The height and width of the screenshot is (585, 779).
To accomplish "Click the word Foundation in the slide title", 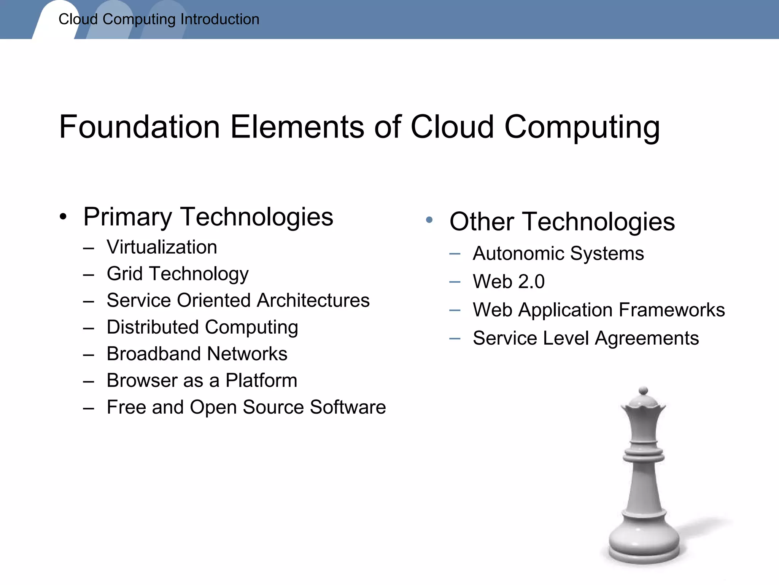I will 140,127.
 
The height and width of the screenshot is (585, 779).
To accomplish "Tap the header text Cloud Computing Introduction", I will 159,19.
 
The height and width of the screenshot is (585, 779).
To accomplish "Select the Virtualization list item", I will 162,247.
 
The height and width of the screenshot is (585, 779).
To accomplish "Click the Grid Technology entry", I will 177,274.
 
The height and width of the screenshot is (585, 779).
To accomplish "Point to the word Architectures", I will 313,300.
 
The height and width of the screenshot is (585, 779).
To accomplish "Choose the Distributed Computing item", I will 202,327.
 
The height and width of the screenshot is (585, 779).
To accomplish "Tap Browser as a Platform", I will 202,380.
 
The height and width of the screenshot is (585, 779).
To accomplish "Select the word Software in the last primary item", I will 348,407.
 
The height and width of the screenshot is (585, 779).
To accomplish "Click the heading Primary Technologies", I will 208,217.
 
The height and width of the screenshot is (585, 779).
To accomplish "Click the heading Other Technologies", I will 562,222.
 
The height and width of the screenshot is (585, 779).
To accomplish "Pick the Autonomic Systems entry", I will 558,254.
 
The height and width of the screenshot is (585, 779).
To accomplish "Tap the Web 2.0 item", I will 509,282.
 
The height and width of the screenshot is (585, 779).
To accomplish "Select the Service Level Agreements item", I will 585,338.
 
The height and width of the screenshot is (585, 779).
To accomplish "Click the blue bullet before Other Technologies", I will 429,220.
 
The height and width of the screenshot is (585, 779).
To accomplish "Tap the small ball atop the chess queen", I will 643,391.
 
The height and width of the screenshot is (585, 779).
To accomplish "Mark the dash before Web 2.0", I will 455,282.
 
